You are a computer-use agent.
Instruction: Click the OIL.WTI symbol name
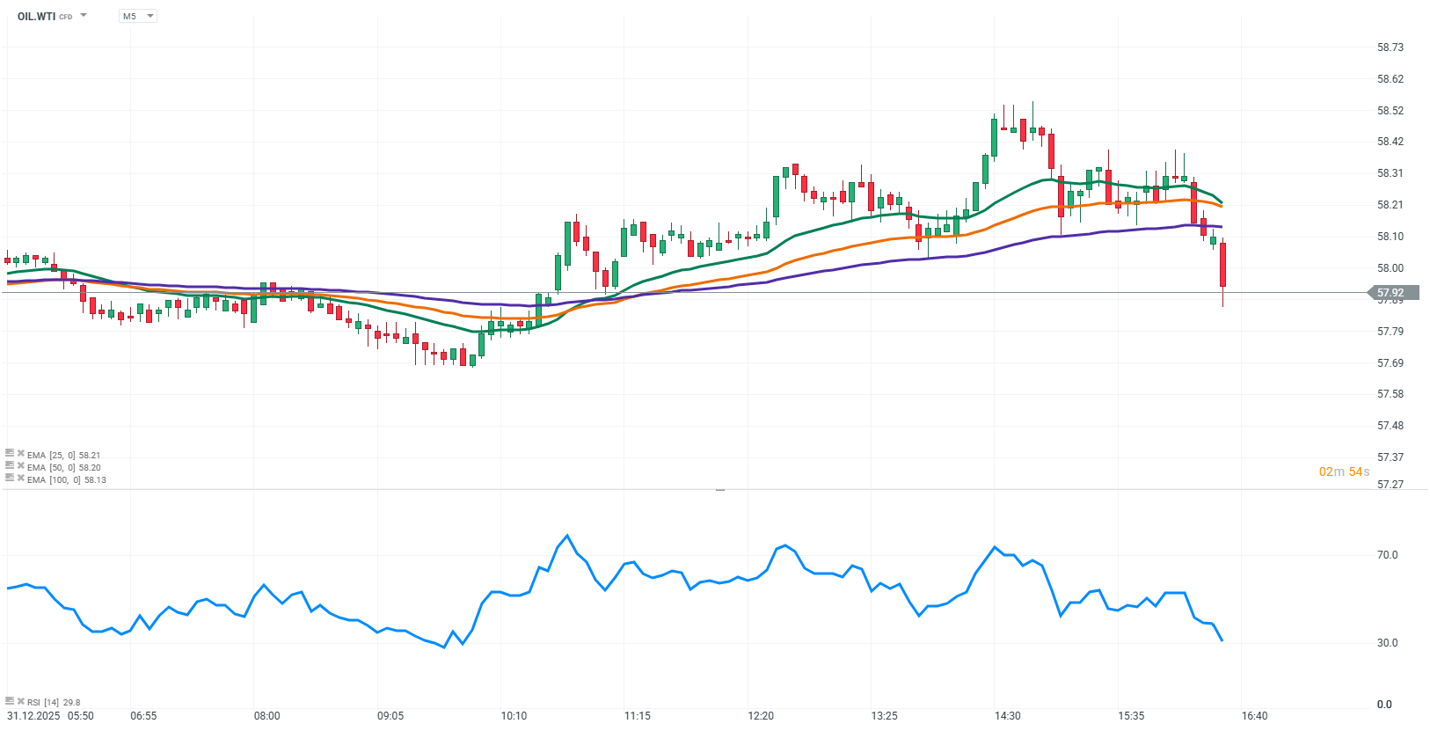(36, 16)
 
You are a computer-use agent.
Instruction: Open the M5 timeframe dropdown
(137, 16)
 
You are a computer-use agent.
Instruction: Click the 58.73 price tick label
(1390, 48)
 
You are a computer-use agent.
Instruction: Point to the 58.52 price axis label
(1390, 111)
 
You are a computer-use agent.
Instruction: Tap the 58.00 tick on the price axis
(1390, 268)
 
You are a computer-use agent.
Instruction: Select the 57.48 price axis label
(1390, 426)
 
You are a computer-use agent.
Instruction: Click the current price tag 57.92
(1391, 293)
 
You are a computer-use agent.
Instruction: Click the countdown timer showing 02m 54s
(1344, 472)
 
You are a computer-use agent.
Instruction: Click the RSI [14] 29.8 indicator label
(54, 703)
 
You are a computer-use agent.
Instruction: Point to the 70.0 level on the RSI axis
(1387, 555)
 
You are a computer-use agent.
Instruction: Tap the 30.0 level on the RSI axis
(1387, 643)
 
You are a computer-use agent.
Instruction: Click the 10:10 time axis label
(514, 716)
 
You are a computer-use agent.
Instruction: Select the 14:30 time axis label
(1008, 716)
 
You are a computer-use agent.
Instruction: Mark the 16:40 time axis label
(1255, 716)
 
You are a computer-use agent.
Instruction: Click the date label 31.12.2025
(33, 716)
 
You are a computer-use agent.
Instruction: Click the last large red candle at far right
(1222, 264)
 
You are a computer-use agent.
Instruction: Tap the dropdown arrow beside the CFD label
(84, 16)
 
